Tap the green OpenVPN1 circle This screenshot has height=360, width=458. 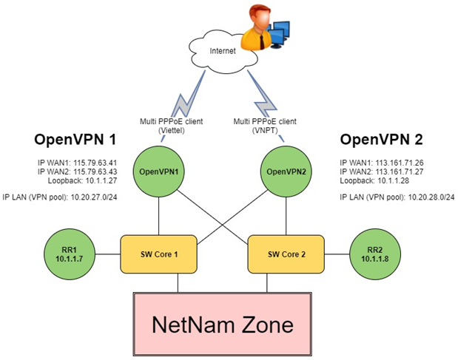point(159,171)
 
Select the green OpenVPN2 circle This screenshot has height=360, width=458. point(284,171)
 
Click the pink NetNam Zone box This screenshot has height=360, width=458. point(222,323)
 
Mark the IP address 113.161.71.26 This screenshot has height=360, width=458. point(403,162)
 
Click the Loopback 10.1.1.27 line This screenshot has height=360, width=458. point(78,180)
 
